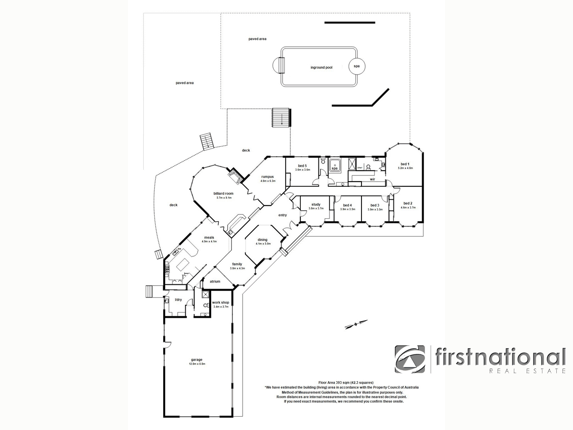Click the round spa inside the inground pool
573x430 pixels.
click(x=356, y=66)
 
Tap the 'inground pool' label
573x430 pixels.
click(x=321, y=68)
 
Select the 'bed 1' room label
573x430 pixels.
click(x=405, y=164)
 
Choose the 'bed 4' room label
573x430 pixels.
click(x=347, y=205)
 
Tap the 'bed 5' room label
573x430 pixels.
click(x=303, y=165)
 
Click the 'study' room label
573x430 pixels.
click(x=315, y=204)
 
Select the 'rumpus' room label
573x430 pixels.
click(x=266, y=176)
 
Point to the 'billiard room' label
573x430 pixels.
click(x=223, y=193)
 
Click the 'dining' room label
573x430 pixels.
click(x=263, y=240)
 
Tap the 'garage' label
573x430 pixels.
click(x=196, y=360)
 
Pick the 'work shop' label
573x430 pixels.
click(x=221, y=302)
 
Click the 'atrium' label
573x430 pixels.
click(x=215, y=281)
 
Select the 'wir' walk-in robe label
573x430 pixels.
click(x=372, y=179)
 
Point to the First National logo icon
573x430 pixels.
click(x=410, y=359)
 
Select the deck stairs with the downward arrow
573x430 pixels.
click(x=282, y=117)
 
